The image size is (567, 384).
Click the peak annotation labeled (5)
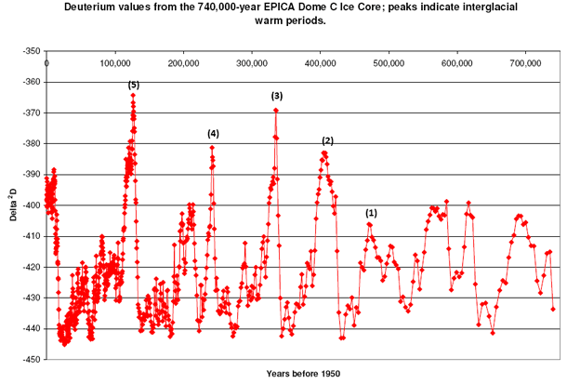pos(134,85)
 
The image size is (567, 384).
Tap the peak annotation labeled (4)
pos(213,134)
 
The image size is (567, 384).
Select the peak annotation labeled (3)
pos(276,96)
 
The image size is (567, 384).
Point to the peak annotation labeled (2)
pos(327,140)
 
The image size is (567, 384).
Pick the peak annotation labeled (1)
pos(372,213)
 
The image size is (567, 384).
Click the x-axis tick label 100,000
pos(115,63)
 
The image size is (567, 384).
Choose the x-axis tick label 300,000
pos(252,63)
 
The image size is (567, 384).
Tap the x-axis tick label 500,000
pos(389,63)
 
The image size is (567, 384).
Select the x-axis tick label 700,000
pos(525,63)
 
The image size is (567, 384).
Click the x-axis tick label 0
pos(47,63)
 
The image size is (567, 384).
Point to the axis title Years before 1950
pos(303,374)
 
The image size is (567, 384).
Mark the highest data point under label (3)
pos(276,111)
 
